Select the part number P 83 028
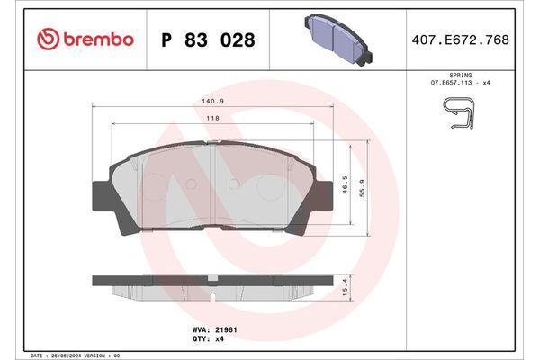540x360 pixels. pyautogui.click(x=206, y=40)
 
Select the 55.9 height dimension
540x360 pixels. pyautogui.click(x=363, y=189)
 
